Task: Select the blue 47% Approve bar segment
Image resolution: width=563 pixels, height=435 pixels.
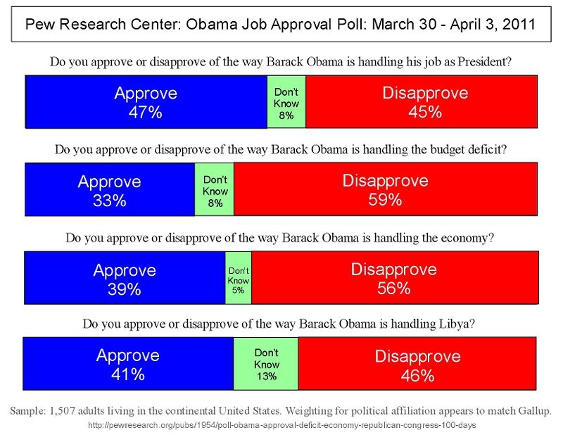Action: [x=146, y=102]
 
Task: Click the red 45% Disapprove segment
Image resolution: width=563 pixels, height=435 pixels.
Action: [x=421, y=102]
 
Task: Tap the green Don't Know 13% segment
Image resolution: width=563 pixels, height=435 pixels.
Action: [x=266, y=364]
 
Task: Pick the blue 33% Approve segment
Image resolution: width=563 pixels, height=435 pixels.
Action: [x=109, y=189]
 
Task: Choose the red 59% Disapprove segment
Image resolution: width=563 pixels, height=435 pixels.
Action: [x=385, y=189]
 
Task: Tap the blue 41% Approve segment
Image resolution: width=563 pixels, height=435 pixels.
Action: [x=128, y=364]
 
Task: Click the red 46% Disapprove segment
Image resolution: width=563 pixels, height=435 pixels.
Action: [x=417, y=364]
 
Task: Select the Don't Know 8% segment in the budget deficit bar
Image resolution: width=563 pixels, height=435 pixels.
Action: [x=215, y=189]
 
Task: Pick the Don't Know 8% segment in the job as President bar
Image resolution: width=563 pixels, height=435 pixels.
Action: [x=286, y=102]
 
